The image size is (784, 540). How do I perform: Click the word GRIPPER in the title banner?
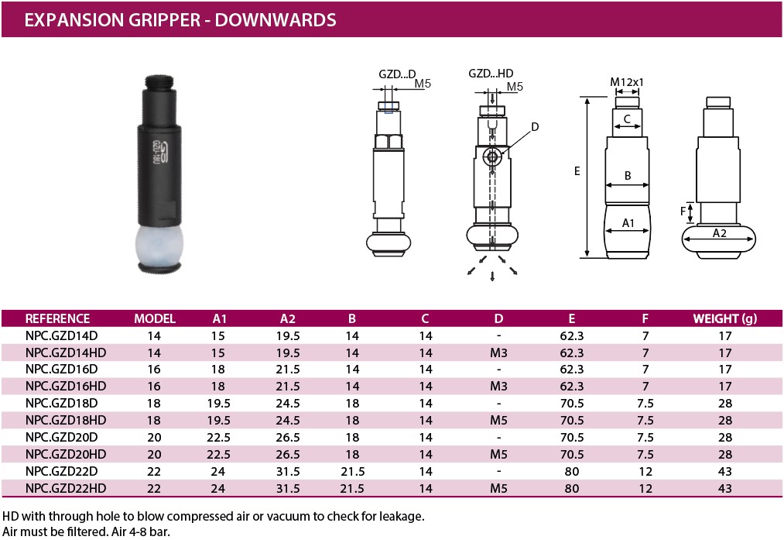(x=144, y=19)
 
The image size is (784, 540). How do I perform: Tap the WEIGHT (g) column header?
(x=724, y=318)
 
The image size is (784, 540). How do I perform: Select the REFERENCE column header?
(x=57, y=318)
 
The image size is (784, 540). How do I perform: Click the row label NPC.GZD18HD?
(x=66, y=420)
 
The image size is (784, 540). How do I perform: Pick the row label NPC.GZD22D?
(x=61, y=471)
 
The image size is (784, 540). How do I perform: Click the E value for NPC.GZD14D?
(x=571, y=335)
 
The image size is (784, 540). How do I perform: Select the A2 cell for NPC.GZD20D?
(x=287, y=437)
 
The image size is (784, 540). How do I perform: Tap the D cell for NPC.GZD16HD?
(x=498, y=386)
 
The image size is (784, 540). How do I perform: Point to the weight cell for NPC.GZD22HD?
(x=724, y=488)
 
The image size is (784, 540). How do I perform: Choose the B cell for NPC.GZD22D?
(x=352, y=471)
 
